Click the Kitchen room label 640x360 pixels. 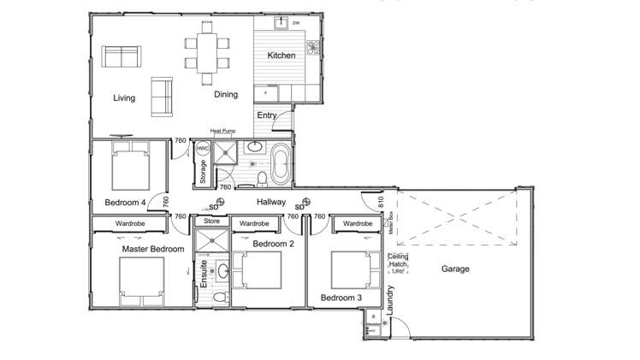(x=281, y=56)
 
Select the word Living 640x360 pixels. (x=124, y=98)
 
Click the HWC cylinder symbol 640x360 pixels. (x=203, y=149)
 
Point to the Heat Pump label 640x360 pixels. (x=222, y=131)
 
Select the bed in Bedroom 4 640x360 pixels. (x=129, y=167)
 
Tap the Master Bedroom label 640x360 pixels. (x=153, y=249)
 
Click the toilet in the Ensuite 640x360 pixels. (x=219, y=296)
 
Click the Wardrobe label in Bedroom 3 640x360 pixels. (x=355, y=224)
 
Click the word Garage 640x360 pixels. (x=455, y=269)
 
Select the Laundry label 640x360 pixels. (x=390, y=301)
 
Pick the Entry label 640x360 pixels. (x=267, y=115)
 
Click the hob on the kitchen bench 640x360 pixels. (x=313, y=45)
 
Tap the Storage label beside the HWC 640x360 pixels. (x=203, y=172)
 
